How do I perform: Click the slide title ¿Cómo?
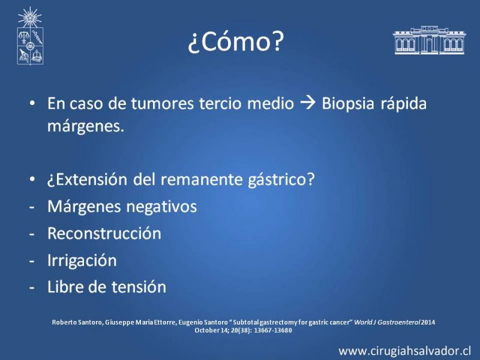click(x=236, y=41)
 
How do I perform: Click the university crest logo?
click(x=30, y=36)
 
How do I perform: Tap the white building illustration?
click(x=430, y=40)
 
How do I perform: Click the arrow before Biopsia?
click(x=308, y=103)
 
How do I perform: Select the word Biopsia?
click(x=348, y=103)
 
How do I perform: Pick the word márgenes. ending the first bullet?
click(x=86, y=126)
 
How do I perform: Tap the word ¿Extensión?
click(x=87, y=179)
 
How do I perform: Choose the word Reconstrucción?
click(x=104, y=233)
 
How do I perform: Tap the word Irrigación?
click(x=82, y=260)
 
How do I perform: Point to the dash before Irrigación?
click(x=32, y=261)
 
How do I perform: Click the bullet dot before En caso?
click(x=32, y=103)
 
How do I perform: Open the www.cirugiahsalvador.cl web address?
click(x=404, y=350)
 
